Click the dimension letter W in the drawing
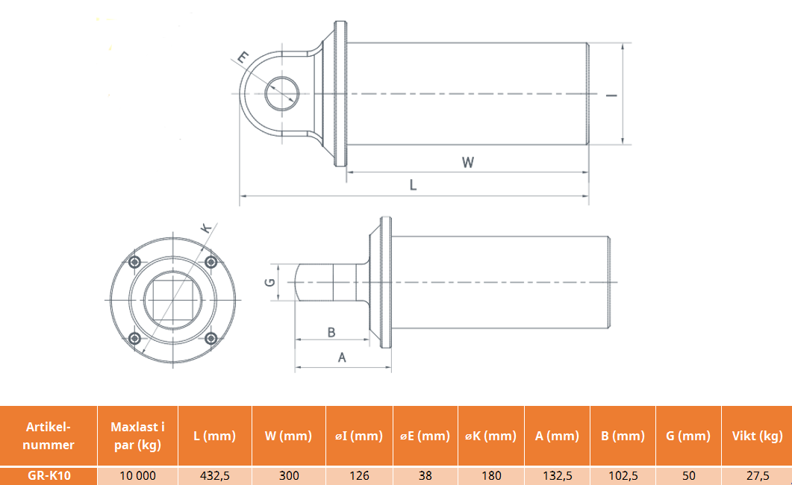pos(468,163)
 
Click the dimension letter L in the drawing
pos(414,185)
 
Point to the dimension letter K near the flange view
pos(205,228)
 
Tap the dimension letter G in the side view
pos(270,282)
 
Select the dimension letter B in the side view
pos(331,332)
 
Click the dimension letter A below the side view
pos(342,358)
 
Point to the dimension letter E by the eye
pos(243,57)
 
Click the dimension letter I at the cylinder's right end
pos(611,95)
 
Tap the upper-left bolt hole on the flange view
pos(134,262)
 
